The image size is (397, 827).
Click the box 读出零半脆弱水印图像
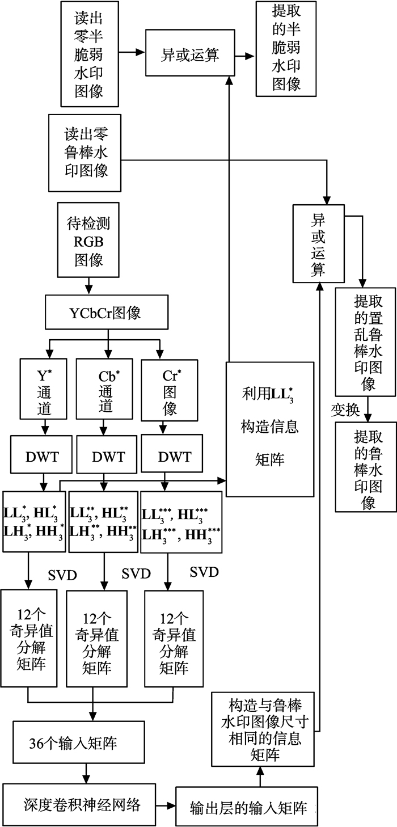[90, 54]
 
